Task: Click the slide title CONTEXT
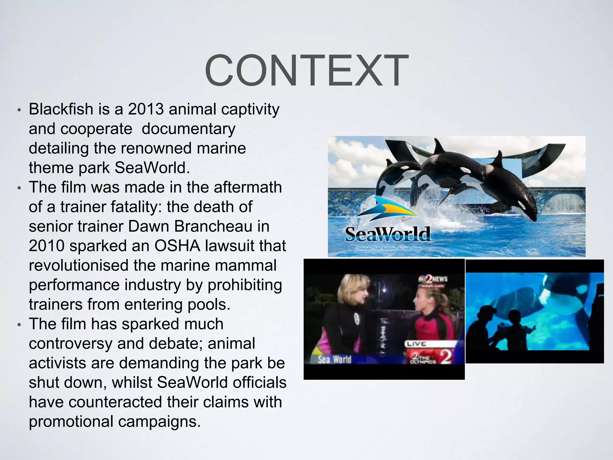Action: [x=306, y=71]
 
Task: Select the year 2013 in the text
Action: [x=145, y=109]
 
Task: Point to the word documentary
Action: [x=188, y=129]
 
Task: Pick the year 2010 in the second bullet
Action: [x=46, y=246]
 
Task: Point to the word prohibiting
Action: [x=245, y=285]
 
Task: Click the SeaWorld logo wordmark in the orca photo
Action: [x=388, y=234]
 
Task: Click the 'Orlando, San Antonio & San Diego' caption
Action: [x=389, y=249]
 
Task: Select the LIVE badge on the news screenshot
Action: [x=416, y=344]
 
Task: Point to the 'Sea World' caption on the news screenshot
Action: [x=334, y=359]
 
